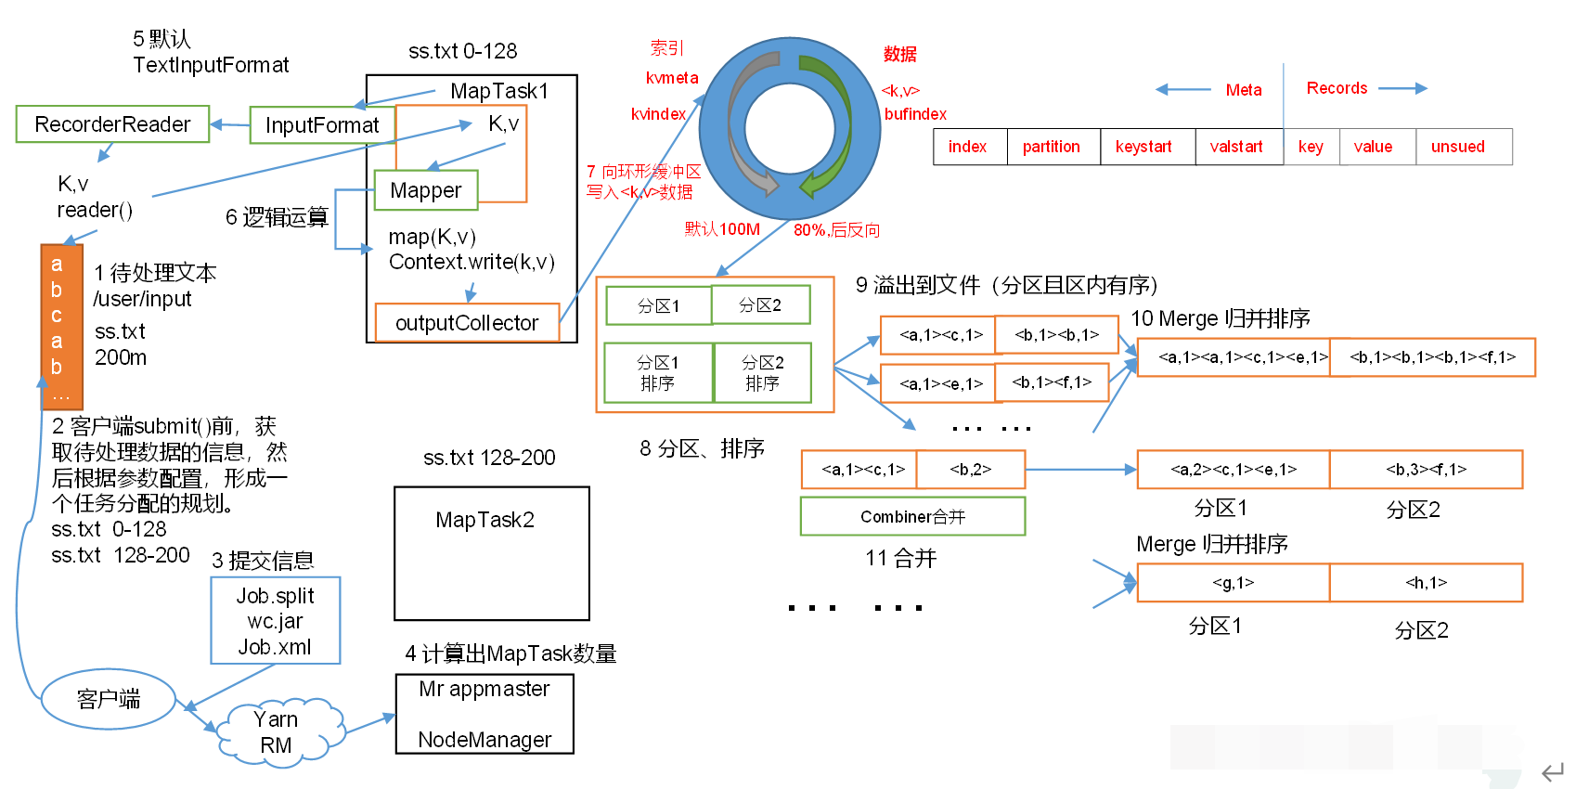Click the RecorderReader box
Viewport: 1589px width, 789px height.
click(x=112, y=124)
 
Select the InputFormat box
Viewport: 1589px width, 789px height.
click(x=321, y=125)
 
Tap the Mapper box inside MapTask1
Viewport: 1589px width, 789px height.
click(x=425, y=190)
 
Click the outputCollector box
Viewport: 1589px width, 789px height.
click(x=467, y=323)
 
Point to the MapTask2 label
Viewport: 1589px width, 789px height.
click(x=484, y=520)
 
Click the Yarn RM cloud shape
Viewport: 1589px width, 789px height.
click(x=277, y=732)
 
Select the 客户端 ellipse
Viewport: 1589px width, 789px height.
click(x=109, y=699)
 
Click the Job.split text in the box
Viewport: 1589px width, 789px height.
click(x=275, y=596)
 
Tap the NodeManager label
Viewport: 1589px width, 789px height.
click(x=484, y=740)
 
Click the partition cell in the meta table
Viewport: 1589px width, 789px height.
click(x=1052, y=147)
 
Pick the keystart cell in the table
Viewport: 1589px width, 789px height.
click(x=1143, y=147)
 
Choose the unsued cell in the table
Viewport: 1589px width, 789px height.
click(x=1458, y=147)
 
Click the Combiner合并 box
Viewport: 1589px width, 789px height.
click(x=912, y=516)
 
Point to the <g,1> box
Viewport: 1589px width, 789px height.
click(x=1233, y=582)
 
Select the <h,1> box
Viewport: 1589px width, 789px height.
click(x=1426, y=582)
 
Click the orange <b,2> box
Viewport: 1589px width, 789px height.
click(x=971, y=469)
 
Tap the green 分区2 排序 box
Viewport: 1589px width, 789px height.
click(x=762, y=372)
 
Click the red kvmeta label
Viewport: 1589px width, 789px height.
click(x=672, y=78)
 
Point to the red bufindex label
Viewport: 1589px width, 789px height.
click(x=915, y=114)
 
